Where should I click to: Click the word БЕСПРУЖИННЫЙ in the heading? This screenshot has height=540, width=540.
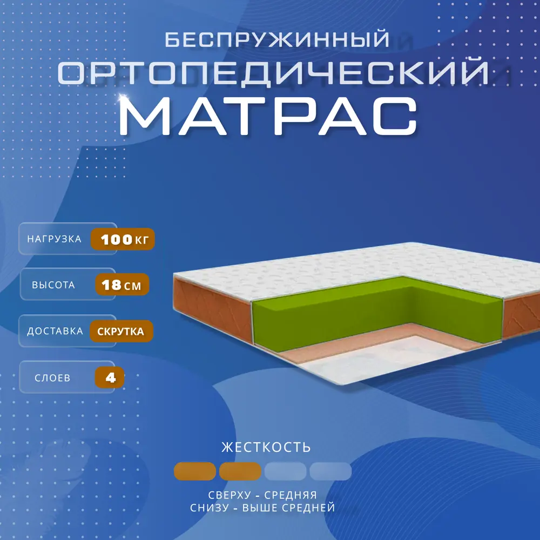tap(277, 39)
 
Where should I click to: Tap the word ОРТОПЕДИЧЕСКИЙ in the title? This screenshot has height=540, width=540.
tap(273, 73)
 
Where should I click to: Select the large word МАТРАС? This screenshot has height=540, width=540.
tap(268, 116)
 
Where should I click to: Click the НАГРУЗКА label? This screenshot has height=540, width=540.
tap(55, 239)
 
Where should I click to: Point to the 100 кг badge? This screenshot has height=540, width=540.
tap(123, 239)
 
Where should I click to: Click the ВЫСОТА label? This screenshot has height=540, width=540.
tap(53, 285)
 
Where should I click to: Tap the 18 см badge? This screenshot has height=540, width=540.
tap(122, 285)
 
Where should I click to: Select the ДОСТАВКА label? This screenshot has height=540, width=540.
tap(55, 331)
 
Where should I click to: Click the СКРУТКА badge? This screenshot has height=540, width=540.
tap(121, 332)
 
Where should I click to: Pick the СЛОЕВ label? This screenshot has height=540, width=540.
tap(52, 378)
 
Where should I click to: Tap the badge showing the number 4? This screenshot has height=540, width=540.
tap(110, 377)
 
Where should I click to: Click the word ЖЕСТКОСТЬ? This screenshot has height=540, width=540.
tap(266, 447)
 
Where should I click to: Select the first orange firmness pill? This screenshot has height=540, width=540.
tap(195, 471)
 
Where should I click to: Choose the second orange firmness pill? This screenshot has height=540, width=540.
tap(240, 471)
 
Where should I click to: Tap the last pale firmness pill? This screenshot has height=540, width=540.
tap(330, 471)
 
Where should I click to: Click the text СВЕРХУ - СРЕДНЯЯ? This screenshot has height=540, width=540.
tap(262, 495)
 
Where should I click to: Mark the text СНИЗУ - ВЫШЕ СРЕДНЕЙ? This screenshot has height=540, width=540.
tap(262, 508)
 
